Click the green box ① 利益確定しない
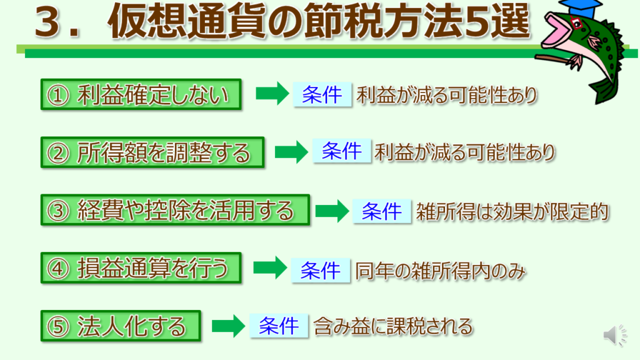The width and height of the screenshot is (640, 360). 141,95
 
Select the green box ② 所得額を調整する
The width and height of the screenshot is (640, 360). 152,152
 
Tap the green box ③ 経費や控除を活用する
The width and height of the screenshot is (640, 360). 176,211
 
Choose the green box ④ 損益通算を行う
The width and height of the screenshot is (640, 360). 141,268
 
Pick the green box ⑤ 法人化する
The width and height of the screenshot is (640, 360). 121,326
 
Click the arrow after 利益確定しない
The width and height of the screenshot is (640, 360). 272,94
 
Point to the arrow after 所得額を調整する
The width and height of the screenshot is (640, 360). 291,152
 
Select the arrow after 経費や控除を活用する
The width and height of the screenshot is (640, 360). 332,211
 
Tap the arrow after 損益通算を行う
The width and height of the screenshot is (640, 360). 270,267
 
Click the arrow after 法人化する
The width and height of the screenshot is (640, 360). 229,326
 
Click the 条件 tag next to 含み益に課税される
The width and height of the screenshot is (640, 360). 279,326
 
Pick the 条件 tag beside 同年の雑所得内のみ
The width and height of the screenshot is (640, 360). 321,270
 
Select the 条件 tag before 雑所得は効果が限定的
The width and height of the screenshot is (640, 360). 382,211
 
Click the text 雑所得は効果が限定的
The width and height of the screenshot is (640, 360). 512,212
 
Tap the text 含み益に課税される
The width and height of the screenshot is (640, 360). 393,326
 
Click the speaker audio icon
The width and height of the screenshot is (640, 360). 615,335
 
